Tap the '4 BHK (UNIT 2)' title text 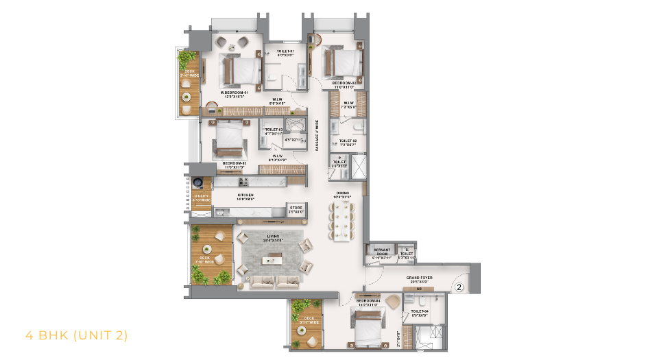point(76,335)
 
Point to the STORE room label point(296,208)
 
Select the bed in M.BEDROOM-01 point(240,70)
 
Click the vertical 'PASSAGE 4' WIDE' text point(317,136)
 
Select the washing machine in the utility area point(198,182)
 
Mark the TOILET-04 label point(419,313)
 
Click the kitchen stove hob point(243,182)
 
